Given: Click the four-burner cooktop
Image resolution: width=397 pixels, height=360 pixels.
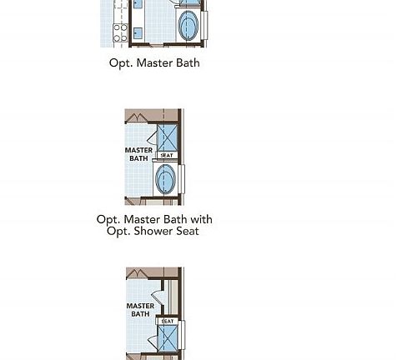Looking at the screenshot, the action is tap(120, 32).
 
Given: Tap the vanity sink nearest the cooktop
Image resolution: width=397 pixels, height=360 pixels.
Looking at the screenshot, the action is tap(138, 33).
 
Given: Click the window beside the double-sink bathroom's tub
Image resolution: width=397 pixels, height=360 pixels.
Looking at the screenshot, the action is tap(206, 25).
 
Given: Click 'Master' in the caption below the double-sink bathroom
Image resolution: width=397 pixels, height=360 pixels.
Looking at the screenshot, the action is tap(155, 62).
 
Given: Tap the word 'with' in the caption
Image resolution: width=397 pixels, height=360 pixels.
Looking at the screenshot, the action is tap(201, 219).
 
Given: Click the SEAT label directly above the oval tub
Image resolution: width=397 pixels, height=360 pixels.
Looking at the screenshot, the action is tap(167, 156).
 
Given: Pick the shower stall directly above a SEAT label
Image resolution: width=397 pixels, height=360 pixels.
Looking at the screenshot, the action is tap(168, 137).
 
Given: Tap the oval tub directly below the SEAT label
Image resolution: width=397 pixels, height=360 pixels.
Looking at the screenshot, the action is tap(165, 179).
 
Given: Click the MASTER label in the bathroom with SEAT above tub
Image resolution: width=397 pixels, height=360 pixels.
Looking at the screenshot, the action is tap(138, 150).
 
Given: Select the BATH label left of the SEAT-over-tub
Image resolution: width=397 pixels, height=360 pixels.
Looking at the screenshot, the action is tap(138, 158).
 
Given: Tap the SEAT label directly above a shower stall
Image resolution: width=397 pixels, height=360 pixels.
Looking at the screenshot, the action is tap(168, 322).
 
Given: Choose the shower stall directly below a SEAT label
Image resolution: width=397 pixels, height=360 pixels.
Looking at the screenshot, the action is tap(168, 338).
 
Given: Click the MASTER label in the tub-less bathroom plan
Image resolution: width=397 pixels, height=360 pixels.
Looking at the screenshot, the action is tap(140, 306).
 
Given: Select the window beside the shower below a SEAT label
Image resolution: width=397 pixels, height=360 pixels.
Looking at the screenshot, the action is tap(183, 335).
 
